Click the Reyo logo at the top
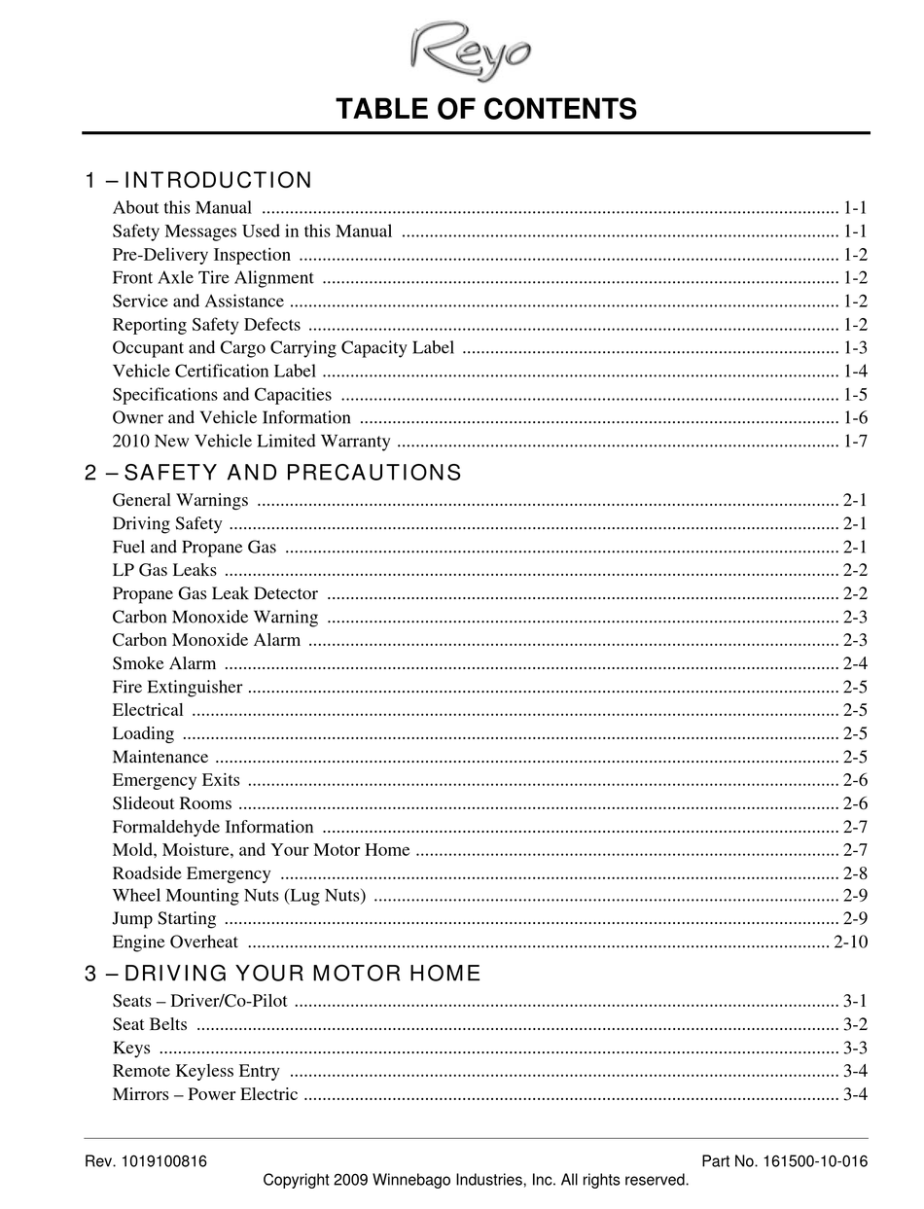(x=471, y=49)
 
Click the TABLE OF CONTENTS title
(x=486, y=109)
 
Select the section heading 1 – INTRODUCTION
(x=198, y=181)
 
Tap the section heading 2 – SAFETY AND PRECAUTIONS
(x=273, y=474)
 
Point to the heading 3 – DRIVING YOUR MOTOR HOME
(x=283, y=974)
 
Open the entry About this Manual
(x=182, y=208)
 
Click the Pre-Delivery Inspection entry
(x=201, y=255)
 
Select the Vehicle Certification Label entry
(x=214, y=372)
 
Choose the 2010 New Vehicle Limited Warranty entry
(x=251, y=442)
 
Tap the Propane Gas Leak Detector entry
(x=215, y=593)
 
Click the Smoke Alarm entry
(x=164, y=663)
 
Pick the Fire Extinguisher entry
(x=177, y=687)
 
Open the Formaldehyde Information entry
(x=213, y=827)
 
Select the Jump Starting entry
(x=164, y=918)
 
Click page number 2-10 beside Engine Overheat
(x=850, y=942)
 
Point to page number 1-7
(x=855, y=442)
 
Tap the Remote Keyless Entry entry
(x=195, y=1071)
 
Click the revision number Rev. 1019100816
(x=146, y=1161)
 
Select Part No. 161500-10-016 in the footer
(x=784, y=1161)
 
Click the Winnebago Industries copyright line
(x=476, y=1181)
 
